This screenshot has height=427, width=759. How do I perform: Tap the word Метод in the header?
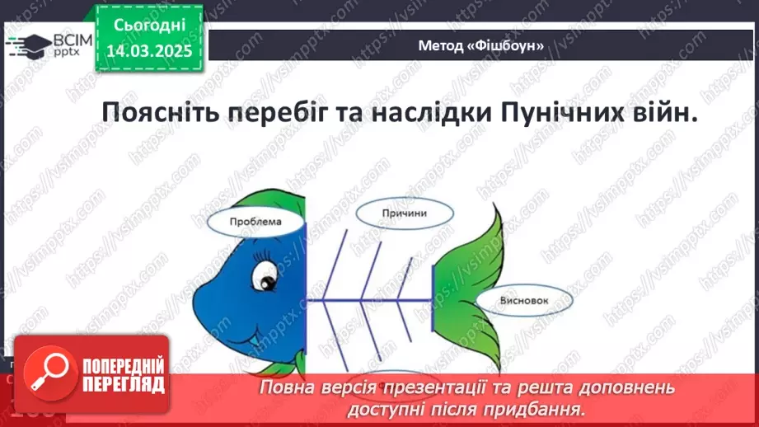pyautogui.click(x=441, y=47)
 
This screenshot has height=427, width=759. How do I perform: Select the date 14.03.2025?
pyautogui.click(x=148, y=50)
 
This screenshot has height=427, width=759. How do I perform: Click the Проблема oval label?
pyautogui.click(x=255, y=222)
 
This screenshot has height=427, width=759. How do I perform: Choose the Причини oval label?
pyautogui.click(x=404, y=213)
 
